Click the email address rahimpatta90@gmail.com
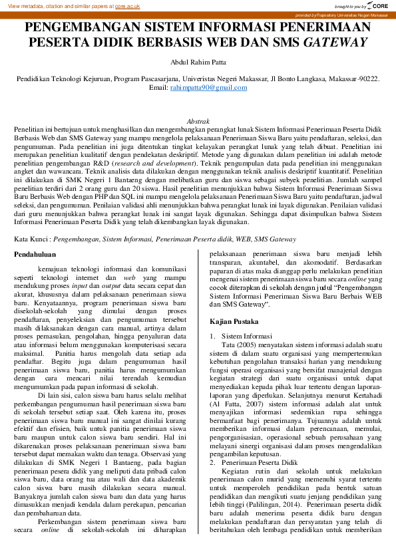coord(208,87)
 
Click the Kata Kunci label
coord(31,238)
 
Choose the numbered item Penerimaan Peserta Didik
coord(256,461)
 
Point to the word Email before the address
coord(158,87)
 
